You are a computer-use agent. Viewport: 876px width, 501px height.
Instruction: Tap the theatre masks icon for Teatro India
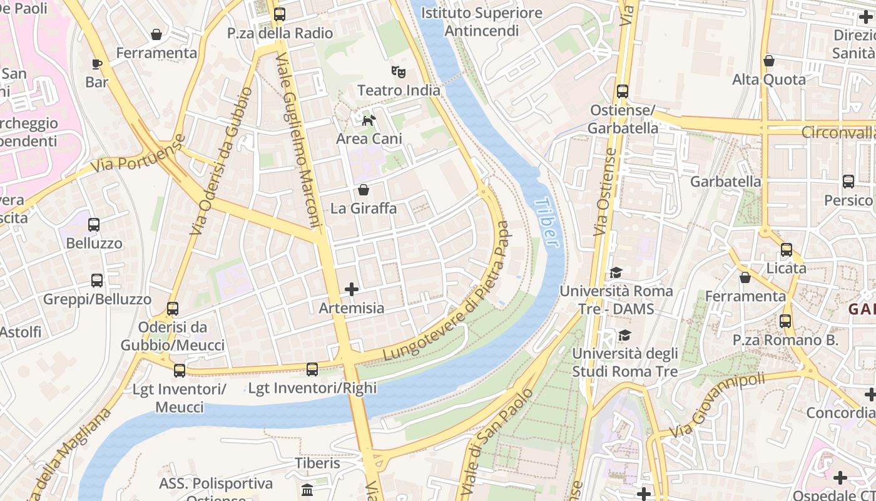tap(398, 71)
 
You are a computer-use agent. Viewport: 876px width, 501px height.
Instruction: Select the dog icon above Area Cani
tap(369, 120)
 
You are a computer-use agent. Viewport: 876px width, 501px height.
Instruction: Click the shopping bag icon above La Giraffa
tap(364, 189)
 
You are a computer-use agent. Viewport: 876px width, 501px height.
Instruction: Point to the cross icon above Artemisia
tap(352, 289)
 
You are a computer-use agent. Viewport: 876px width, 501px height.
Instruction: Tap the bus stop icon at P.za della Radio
tap(280, 14)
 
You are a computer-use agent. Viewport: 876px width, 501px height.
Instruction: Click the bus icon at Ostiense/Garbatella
tap(622, 91)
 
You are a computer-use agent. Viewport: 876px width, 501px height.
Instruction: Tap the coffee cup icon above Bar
tap(96, 63)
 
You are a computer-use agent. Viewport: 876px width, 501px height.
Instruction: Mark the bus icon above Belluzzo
tap(94, 224)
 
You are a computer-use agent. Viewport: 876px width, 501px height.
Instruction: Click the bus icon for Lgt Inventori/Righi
tap(312, 369)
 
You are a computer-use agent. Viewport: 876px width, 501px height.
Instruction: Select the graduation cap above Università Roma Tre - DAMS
tap(616, 272)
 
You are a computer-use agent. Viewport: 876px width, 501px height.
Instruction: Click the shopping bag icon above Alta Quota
tap(769, 61)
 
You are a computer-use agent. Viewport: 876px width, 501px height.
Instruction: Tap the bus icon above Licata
tap(787, 249)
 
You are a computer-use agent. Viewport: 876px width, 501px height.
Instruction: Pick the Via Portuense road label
tap(138, 155)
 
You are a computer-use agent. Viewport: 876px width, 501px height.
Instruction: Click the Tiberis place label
tap(318, 463)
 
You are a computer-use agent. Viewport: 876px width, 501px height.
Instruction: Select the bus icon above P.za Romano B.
tap(785, 321)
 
